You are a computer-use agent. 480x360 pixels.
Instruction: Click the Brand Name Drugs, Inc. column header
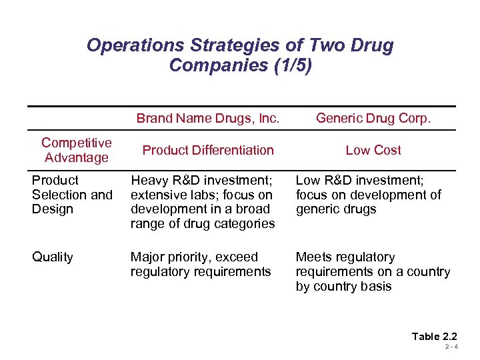(x=207, y=119)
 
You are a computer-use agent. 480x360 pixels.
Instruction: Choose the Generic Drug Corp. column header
(x=373, y=119)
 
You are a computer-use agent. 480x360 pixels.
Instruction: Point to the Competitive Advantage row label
(x=76, y=150)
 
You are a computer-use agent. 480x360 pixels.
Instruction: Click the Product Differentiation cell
(x=207, y=150)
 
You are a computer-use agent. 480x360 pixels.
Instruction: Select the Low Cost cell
(x=373, y=150)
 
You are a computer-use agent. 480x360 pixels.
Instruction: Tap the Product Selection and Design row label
(x=72, y=195)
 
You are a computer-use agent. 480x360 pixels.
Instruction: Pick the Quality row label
(x=53, y=257)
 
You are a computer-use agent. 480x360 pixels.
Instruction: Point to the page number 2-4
(x=451, y=348)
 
